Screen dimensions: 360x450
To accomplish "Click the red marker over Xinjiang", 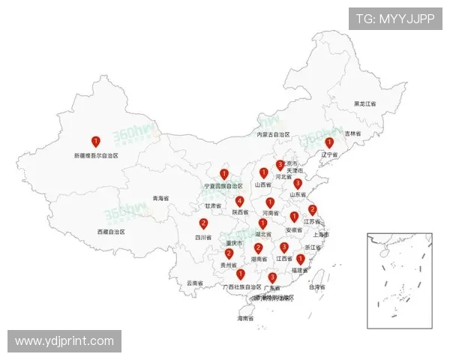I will click(x=95, y=141).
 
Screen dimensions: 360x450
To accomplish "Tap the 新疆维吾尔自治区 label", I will click(x=96, y=156).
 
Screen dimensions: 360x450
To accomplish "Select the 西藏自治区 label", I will click(x=111, y=232).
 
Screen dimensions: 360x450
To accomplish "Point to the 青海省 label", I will click(x=160, y=199).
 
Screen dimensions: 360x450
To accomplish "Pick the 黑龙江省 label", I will click(x=365, y=103).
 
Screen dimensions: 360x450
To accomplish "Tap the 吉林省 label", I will click(x=352, y=133).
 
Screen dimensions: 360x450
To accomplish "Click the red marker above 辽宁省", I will click(x=328, y=142).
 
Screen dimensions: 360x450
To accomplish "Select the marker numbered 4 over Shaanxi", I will click(x=239, y=201).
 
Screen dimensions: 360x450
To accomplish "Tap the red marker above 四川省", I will click(x=203, y=223).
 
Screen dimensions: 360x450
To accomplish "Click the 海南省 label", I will click(x=245, y=319).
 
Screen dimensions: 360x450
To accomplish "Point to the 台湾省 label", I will click(x=316, y=287).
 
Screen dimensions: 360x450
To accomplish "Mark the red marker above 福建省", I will click(x=300, y=259).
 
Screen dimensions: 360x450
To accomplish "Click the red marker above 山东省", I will click(x=298, y=183).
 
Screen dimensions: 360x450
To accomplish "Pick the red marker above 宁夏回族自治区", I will click(x=223, y=174).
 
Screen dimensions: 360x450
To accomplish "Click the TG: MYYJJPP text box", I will click(x=394, y=19).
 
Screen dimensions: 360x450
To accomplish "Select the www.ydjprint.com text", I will click(x=64, y=341).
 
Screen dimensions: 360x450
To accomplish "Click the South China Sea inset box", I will click(x=400, y=280).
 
